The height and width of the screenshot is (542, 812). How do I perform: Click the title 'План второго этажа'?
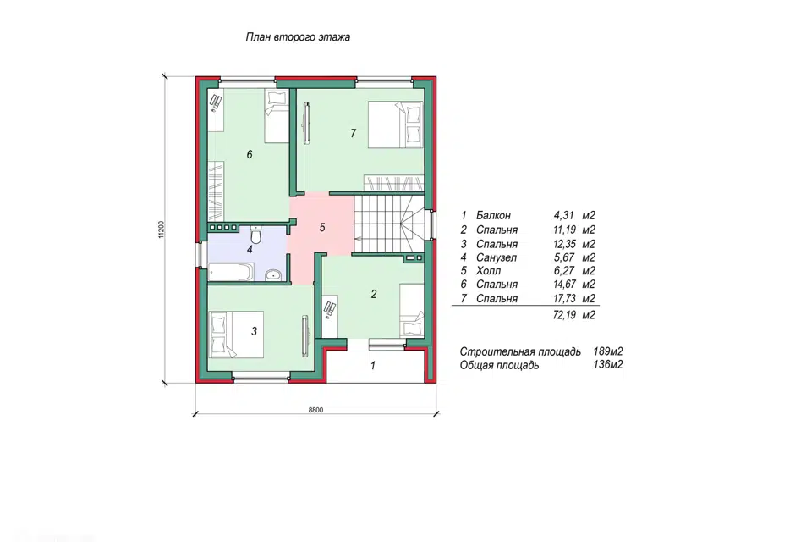[x=298, y=37]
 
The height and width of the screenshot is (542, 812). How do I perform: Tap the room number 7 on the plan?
[x=354, y=133]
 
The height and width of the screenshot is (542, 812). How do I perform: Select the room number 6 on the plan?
[x=250, y=155]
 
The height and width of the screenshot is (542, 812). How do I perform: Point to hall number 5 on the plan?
[x=322, y=227]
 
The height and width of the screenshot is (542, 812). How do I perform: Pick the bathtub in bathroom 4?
[x=231, y=273]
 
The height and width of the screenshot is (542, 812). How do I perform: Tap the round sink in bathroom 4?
[x=273, y=274]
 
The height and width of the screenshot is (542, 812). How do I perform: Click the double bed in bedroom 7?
[x=396, y=124]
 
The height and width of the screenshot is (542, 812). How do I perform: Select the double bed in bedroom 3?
[x=236, y=334]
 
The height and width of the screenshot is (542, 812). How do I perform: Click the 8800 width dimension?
[x=315, y=410]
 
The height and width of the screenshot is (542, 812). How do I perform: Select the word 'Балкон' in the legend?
[x=493, y=215]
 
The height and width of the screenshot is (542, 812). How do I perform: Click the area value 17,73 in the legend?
[x=564, y=298]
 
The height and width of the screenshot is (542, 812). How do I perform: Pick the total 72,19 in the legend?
[x=564, y=315]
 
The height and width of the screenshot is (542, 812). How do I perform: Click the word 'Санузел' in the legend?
[x=497, y=257]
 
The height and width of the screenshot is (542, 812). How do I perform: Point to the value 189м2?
[x=608, y=351]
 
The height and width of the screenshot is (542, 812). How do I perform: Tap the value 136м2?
[x=608, y=365]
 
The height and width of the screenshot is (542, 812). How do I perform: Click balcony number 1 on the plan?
[x=373, y=366]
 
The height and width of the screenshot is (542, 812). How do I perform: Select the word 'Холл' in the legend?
[x=488, y=271]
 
